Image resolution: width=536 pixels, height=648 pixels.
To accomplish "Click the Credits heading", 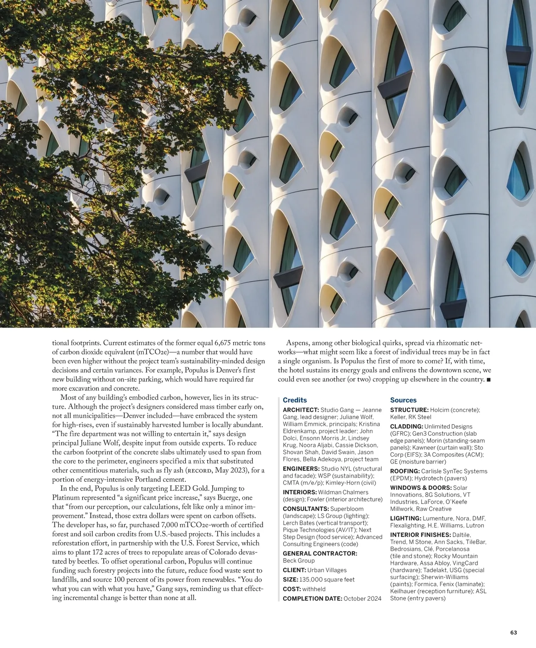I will (295, 400).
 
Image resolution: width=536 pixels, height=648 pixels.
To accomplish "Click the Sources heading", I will (403, 400).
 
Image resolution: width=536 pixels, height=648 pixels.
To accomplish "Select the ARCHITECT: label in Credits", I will (301, 410).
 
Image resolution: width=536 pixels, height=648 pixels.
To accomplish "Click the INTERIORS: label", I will (300, 492).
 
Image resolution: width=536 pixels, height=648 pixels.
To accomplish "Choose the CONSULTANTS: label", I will (306, 509).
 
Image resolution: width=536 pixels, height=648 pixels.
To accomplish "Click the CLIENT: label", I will (294, 570).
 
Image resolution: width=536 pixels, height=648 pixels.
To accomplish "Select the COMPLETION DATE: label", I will (312, 598).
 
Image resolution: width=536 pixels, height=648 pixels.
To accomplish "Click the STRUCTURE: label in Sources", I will (409, 410).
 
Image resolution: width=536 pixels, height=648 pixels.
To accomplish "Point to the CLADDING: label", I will (406, 426).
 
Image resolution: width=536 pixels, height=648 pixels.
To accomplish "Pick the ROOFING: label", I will (405, 471).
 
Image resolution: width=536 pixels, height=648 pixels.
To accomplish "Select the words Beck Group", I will (299, 560).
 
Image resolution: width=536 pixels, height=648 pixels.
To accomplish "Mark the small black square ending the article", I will (488, 380).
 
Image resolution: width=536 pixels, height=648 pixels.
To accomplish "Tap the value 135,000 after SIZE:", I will (312, 580).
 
